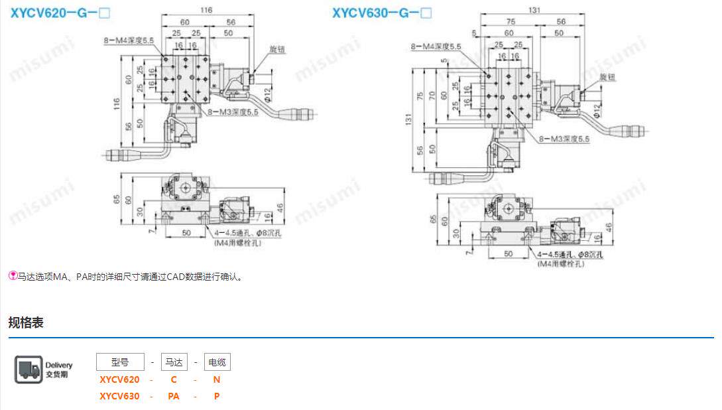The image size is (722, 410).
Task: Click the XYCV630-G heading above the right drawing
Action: click(382, 13)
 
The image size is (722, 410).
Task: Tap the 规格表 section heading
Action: click(26, 322)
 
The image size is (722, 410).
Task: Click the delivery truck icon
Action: click(29, 370)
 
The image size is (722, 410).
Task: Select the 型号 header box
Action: click(120, 362)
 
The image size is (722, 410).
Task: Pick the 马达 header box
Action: click(174, 362)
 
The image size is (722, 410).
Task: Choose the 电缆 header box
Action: click(217, 362)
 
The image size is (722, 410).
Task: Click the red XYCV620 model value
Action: click(119, 379)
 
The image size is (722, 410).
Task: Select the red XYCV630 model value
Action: click(119, 396)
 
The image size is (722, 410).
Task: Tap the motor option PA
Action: click(174, 396)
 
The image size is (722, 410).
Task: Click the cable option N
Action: click(217, 379)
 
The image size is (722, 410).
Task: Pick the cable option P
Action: click(217, 396)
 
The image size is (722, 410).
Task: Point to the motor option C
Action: click(174, 379)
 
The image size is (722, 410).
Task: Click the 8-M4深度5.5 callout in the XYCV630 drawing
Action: click(436, 46)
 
